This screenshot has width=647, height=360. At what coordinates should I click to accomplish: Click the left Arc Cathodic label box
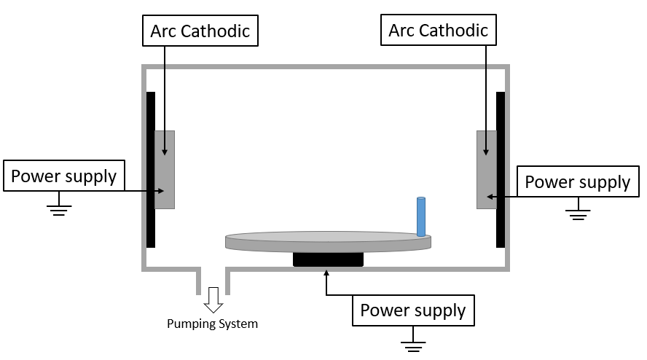coord(200,31)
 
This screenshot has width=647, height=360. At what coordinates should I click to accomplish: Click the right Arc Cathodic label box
coord(438,30)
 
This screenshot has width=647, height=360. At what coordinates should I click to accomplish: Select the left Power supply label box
coord(63,176)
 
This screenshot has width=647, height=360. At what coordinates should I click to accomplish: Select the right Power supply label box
coord(577,181)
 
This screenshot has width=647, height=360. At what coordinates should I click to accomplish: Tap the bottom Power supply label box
coord(413,310)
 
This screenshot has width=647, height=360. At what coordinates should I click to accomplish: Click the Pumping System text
coord(212,324)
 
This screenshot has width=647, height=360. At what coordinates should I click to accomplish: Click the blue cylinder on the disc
coord(420,216)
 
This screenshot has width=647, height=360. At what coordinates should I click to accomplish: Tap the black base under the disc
coord(328,259)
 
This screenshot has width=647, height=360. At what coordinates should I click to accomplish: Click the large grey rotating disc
coord(328,241)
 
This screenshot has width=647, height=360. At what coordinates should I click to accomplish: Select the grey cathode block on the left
coord(165,169)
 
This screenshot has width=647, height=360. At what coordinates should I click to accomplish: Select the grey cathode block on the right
coord(486,169)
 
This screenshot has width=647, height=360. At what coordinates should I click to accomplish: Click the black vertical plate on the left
coord(150,169)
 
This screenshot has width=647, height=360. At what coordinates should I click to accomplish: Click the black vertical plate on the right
coord(501,169)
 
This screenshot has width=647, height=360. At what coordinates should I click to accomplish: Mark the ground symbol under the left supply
coord(58,209)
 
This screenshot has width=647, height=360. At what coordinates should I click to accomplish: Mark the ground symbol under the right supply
coord(579,213)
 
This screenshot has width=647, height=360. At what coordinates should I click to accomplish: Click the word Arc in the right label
coord(401,30)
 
